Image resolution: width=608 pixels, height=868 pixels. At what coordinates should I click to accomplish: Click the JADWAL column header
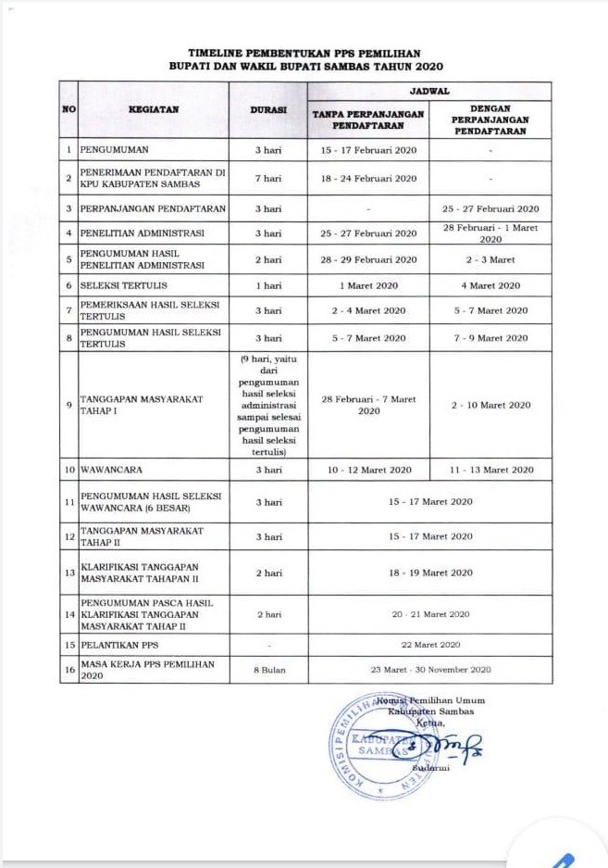tap(429, 91)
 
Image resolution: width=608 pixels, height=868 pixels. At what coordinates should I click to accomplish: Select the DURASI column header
tap(268, 108)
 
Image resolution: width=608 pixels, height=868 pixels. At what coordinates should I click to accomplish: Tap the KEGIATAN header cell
tap(154, 108)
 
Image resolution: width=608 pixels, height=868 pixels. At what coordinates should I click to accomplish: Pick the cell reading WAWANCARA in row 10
tap(110, 470)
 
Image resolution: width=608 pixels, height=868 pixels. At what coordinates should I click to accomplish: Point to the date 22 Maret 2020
tap(429, 643)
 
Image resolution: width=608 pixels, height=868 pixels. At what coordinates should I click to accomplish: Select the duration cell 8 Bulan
tap(268, 668)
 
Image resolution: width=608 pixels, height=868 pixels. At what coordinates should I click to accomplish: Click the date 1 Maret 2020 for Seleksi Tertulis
tap(368, 285)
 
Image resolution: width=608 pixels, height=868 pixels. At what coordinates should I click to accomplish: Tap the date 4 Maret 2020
tap(491, 285)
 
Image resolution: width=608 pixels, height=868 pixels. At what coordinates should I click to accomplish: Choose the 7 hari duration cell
tap(268, 177)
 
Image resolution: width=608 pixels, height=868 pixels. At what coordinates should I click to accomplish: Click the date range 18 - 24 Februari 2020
tap(368, 177)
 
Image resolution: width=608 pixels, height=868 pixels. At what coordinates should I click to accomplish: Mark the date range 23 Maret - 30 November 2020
tap(429, 668)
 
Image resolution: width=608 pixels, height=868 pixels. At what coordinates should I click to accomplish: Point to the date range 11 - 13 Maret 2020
tap(491, 470)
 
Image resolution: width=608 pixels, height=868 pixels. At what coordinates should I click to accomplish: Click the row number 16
tap(68, 668)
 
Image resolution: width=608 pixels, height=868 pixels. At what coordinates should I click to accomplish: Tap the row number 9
tap(68, 404)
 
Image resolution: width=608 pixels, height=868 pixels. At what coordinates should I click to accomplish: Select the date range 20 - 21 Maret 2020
tap(429, 613)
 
